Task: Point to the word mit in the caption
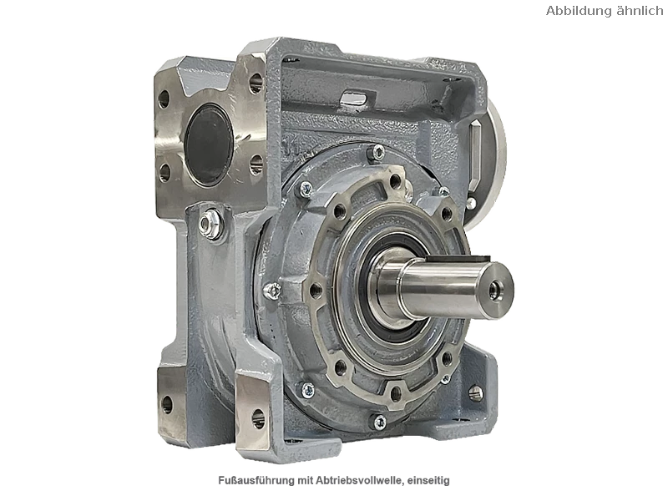point(306,481)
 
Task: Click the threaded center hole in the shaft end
point(494,289)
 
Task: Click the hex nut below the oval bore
point(210,222)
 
